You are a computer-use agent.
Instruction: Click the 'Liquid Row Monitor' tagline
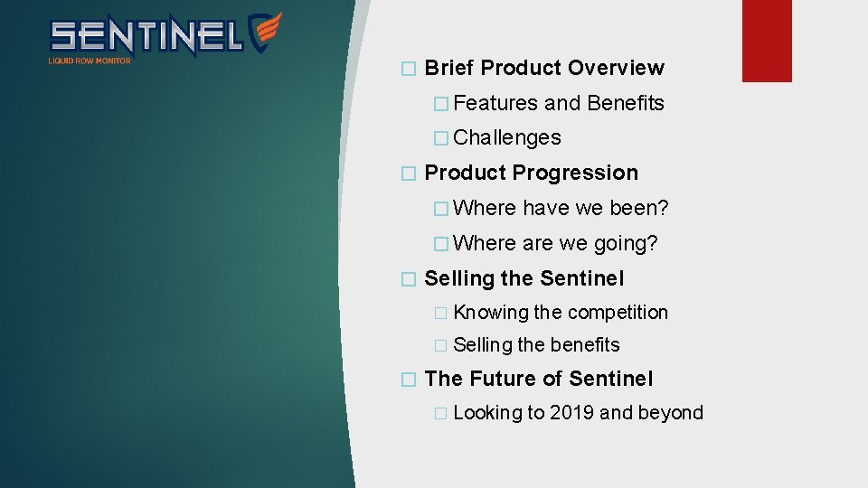tap(90, 61)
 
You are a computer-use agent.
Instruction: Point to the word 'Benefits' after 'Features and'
tap(625, 103)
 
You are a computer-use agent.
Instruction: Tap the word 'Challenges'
tap(506, 137)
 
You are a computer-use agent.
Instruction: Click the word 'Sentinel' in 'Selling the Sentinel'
tap(583, 278)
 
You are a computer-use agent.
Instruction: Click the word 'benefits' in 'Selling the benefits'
tap(585, 345)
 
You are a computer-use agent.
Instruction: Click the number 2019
tap(571, 413)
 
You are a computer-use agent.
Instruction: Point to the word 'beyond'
tap(670, 413)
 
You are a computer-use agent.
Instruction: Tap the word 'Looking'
tap(487, 413)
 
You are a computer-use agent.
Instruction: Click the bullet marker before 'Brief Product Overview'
tap(409, 69)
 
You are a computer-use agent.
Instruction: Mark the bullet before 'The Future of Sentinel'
tap(409, 380)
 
